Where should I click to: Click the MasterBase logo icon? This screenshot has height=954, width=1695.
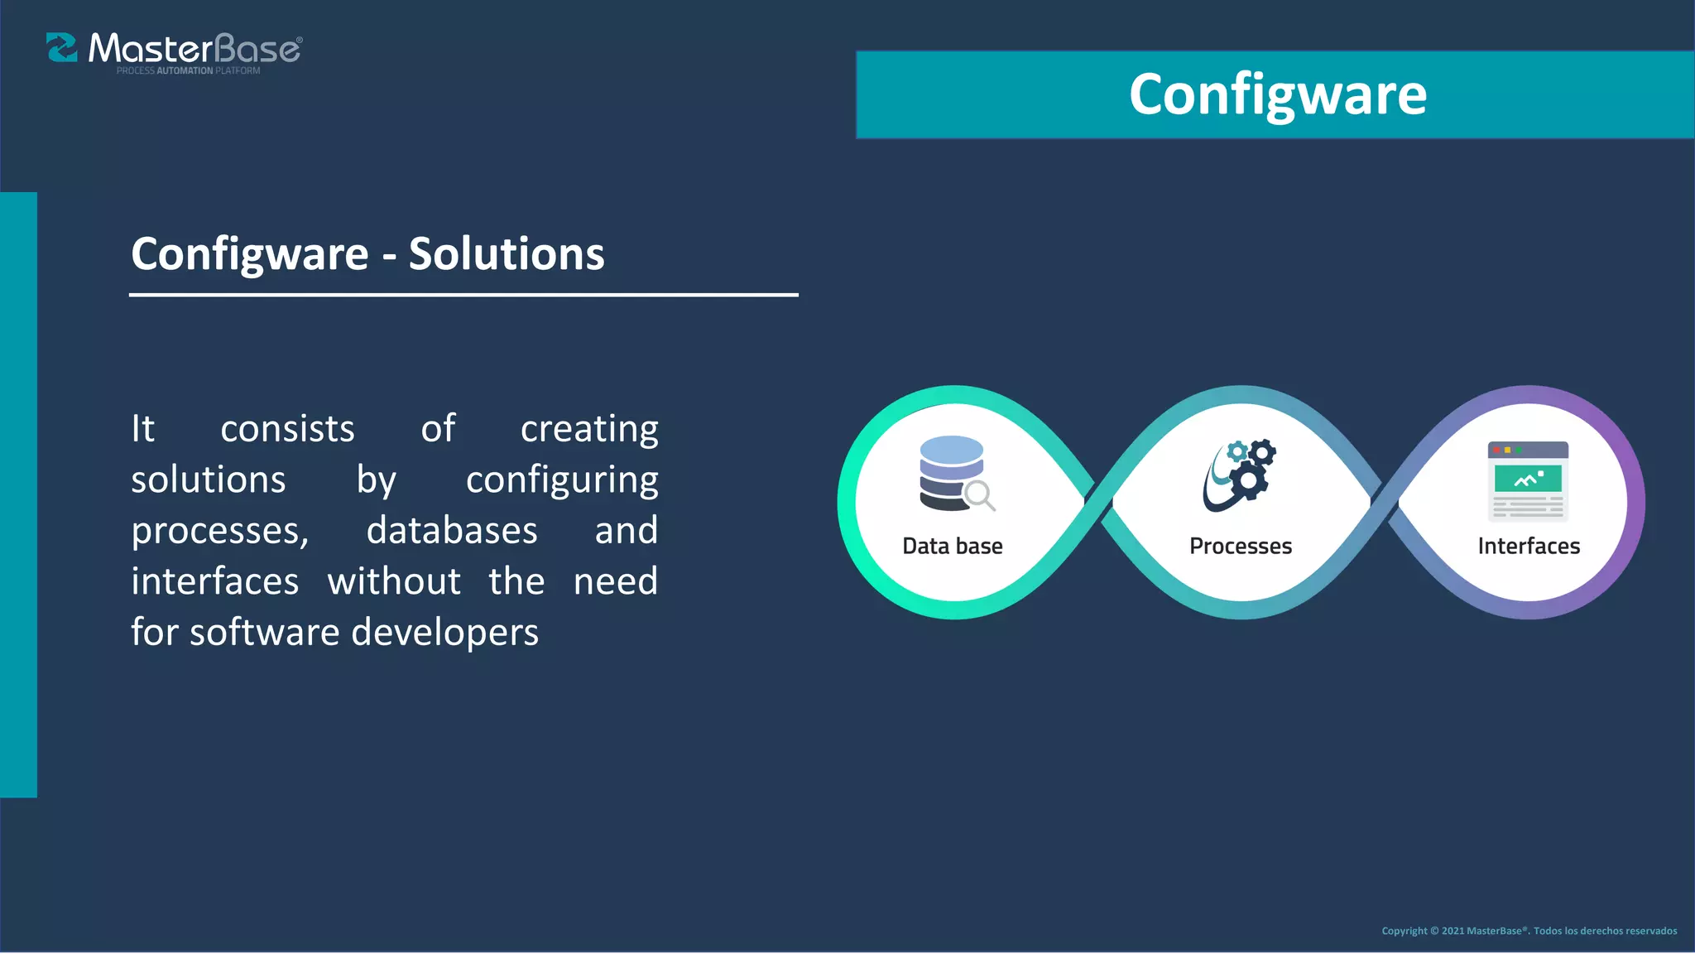tap(62, 48)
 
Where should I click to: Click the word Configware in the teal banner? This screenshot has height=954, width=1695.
tap(1277, 95)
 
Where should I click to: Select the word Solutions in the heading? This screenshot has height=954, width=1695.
tap(507, 253)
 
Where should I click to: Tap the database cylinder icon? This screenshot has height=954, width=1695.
tap(951, 472)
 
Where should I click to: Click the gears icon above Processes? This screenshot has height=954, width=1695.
tap(1240, 475)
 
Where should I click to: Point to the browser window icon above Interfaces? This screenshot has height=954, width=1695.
tap(1528, 481)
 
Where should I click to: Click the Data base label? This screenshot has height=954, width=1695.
tap(952, 547)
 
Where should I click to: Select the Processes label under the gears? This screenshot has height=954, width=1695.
tap(1240, 547)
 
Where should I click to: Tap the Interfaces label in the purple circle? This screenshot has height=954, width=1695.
tap(1528, 547)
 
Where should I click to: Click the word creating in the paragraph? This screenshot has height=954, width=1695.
tap(589, 430)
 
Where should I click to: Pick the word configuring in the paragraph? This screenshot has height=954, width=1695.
tap(562, 481)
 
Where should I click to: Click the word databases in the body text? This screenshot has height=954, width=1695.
tap(452, 531)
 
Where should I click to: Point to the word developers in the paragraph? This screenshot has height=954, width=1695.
tap(445, 633)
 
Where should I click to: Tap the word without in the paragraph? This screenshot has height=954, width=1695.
tap(394, 581)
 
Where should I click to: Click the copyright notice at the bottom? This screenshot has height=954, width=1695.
tap(1529, 931)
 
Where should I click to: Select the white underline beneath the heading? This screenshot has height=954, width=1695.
tap(463, 294)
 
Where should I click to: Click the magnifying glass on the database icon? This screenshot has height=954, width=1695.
tap(980, 495)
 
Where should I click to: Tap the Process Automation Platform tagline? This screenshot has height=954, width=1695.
tap(188, 71)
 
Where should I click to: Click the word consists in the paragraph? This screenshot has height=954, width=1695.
tap(287, 430)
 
